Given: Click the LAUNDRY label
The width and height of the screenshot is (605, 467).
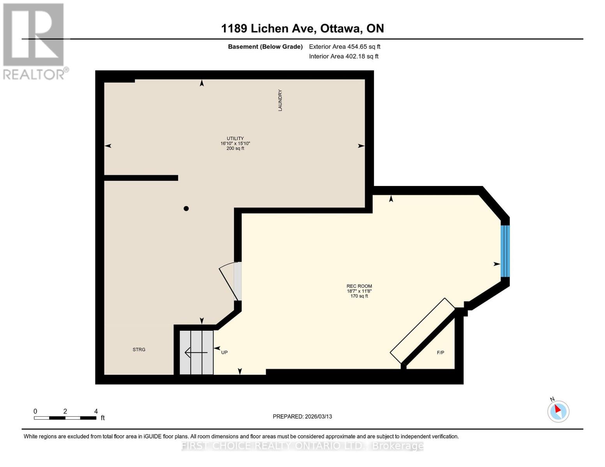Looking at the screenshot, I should pos(280,100).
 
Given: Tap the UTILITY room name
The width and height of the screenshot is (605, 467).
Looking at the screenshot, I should pos(235,139).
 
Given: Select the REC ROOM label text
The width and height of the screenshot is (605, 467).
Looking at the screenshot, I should pos(359,286).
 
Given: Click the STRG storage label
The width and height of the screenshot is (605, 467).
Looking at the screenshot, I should pos(139,349).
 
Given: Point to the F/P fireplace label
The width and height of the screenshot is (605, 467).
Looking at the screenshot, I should pos(440,353).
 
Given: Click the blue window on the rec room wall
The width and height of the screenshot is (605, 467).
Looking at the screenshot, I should pos(505,251).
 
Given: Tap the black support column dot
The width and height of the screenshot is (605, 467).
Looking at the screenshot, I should pos(186,209).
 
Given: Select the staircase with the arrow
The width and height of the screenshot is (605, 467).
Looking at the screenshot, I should pos(196,353).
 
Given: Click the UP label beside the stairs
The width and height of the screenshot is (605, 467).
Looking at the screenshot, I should pos(224,353).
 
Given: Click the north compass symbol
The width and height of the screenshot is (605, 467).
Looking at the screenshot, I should pos(558,411).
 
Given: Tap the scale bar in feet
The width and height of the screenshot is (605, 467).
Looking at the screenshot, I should pos(65,418).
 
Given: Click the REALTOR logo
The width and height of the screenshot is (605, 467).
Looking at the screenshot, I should pos(34,41).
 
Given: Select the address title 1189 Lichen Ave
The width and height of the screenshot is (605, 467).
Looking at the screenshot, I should pos(302,28).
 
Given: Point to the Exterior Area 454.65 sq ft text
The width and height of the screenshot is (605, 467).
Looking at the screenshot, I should pos(344,47).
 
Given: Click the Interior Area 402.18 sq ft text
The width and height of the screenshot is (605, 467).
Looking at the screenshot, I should pos(344,56).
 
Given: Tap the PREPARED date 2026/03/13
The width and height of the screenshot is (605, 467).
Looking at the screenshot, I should pos(302,416).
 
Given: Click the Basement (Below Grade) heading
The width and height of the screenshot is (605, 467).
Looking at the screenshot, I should pos(265,47).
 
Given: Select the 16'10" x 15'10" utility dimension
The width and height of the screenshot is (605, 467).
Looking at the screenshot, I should pos(235,144).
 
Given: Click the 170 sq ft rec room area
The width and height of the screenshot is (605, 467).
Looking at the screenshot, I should pos(359,296).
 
